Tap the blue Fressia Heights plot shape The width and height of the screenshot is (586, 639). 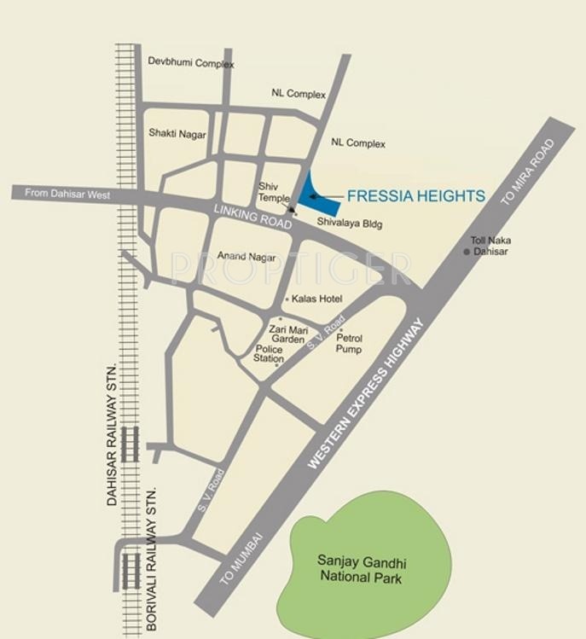(309, 193)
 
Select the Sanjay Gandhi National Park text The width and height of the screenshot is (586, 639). (363, 569)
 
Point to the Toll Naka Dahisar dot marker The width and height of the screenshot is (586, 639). (467, 252)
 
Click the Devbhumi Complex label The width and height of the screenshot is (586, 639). (191, 63)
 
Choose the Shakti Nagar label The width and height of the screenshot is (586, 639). (177, 134)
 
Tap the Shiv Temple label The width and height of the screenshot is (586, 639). (275, 192)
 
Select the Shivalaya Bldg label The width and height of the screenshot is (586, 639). (350, 224)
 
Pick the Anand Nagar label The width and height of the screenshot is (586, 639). (244, 256)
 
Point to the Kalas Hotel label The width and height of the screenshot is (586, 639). (316, 299)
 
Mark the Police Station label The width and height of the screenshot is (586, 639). (270, 353)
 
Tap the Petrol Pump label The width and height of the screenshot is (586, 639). (348, 344)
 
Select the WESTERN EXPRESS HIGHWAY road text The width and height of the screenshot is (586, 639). (366, 393)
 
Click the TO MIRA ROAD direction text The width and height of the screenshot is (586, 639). (528, 173)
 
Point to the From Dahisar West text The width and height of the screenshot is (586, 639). (67, 194)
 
